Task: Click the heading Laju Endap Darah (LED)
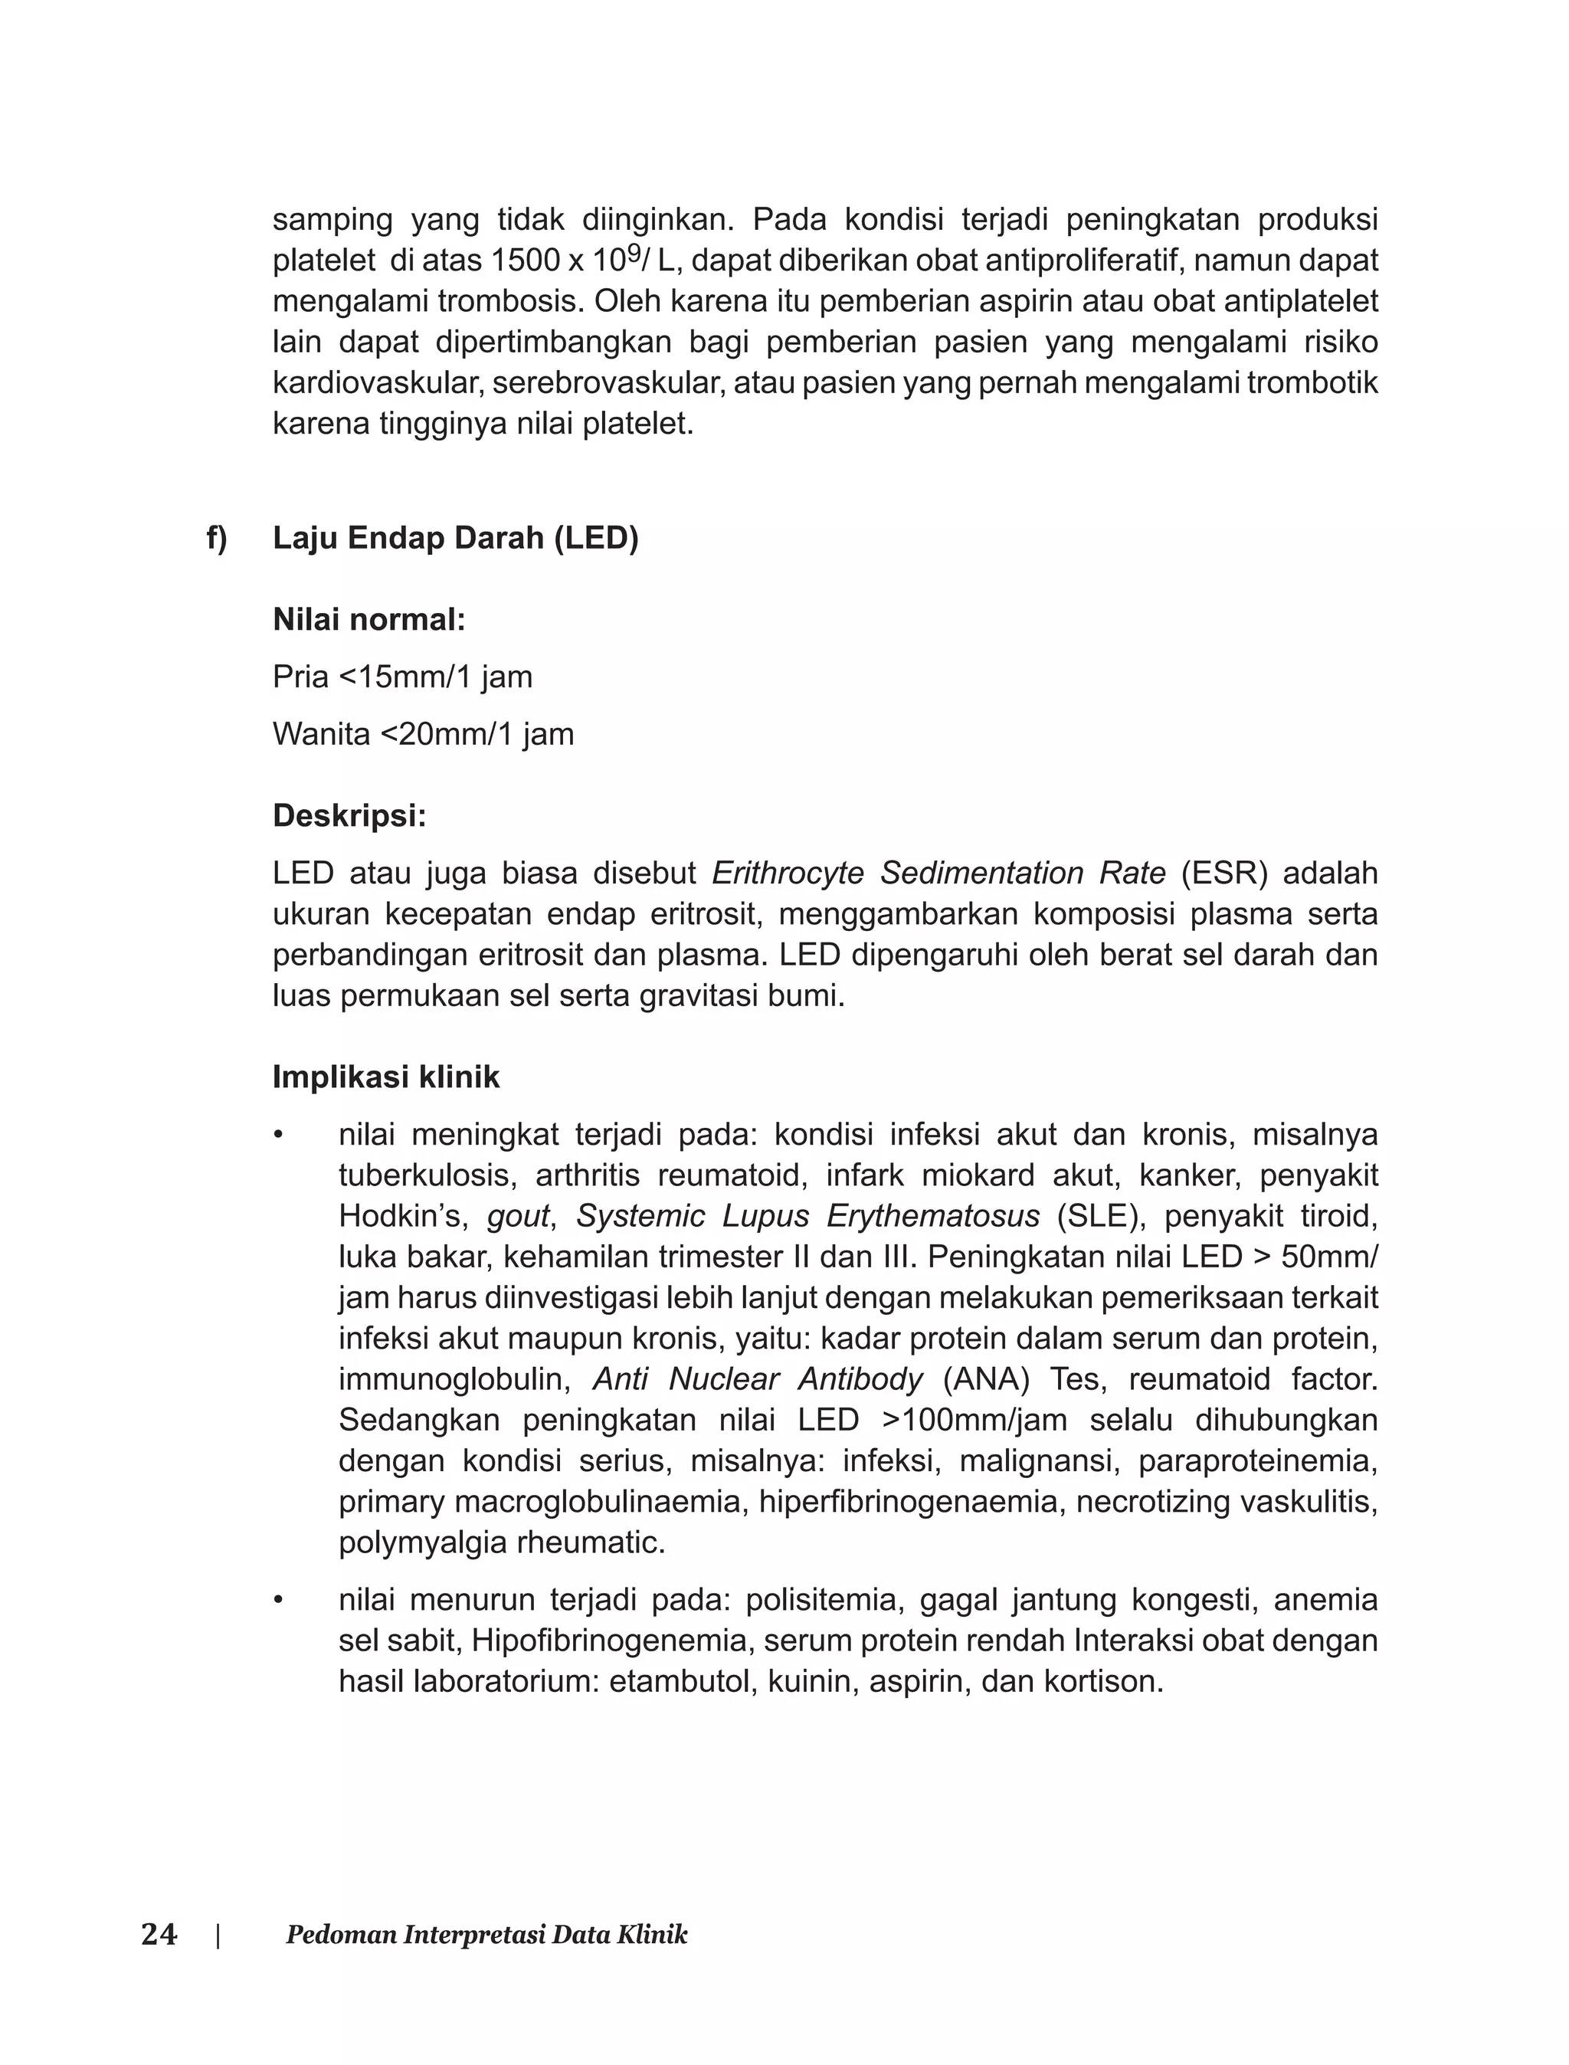455,538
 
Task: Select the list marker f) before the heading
217,538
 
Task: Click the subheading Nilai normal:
369,619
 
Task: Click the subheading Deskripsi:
349,815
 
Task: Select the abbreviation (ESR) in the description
1224,874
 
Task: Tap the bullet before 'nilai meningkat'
277,1136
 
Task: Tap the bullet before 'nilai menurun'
277,1601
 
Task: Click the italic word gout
517,1217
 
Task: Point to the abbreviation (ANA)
985,1379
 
